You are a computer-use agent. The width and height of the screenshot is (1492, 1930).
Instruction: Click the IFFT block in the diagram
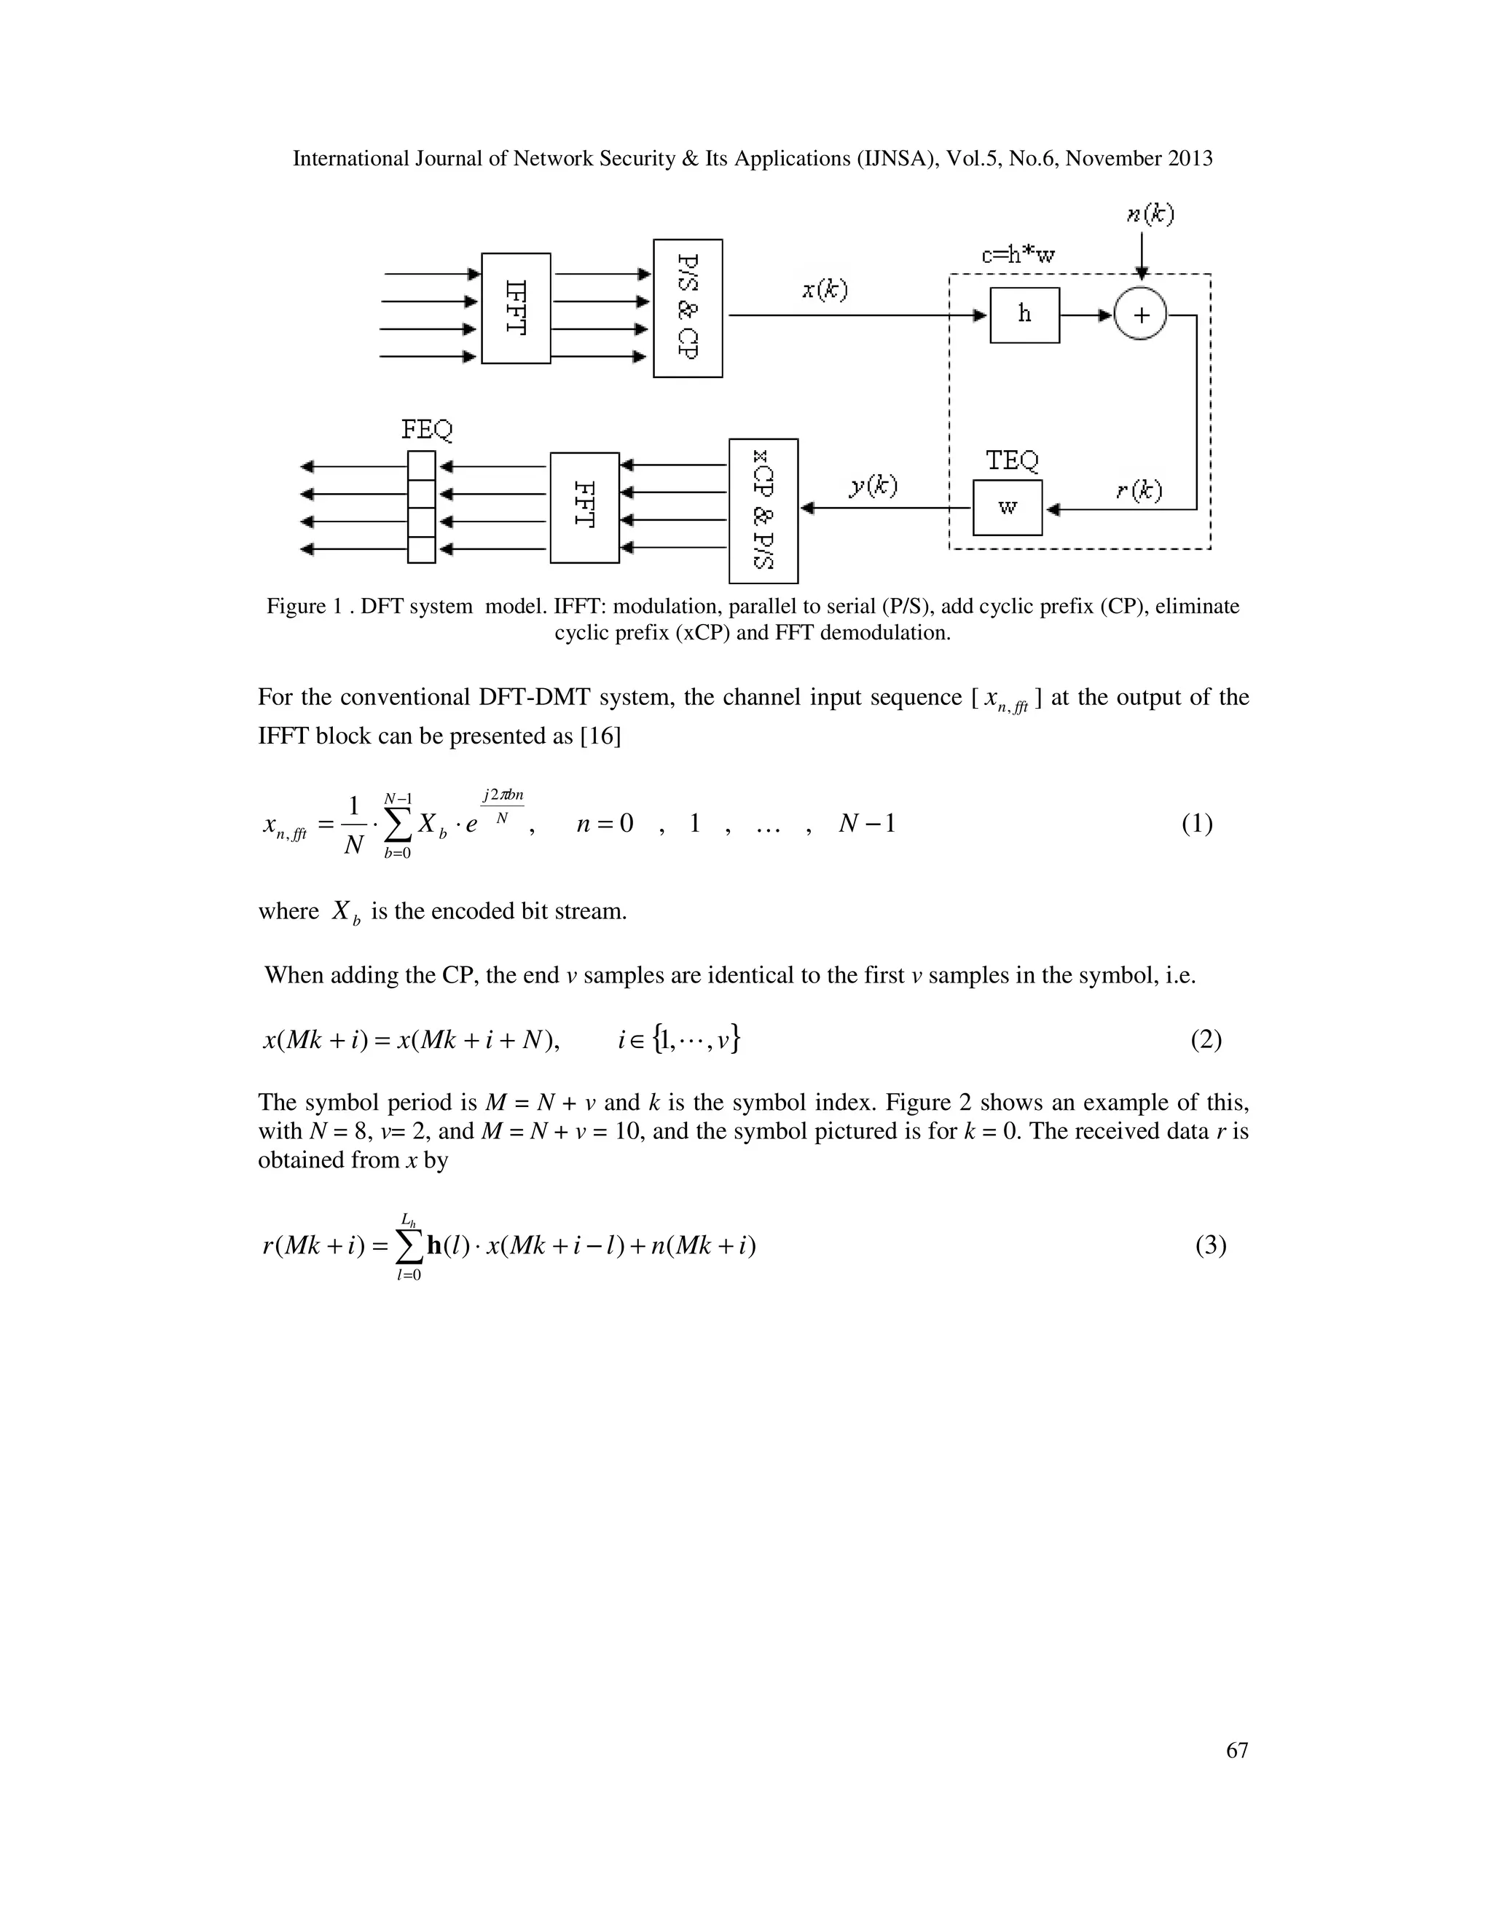(x=517, y=307)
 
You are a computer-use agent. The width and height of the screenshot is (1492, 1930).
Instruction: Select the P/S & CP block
(x=688, y=307)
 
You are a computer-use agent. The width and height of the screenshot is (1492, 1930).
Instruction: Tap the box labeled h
(x=1024, y=315)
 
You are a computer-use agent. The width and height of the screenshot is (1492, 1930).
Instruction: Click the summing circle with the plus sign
(x=1140, y=315)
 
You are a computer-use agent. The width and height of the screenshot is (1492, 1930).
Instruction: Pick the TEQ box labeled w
(x=1008, y=507)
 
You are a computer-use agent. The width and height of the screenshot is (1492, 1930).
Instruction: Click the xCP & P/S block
(x=763, y=511)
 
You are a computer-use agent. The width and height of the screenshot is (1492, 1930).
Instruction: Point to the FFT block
(x=584, y=507)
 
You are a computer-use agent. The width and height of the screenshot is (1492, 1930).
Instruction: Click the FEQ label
(x=427, y=430)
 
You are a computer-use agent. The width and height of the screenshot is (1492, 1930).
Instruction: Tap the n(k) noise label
(x=1150, y=215)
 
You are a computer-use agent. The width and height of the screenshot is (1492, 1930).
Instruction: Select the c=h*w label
(x=1018, y=256)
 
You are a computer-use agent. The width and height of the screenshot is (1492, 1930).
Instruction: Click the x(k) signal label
(x=825, y=290)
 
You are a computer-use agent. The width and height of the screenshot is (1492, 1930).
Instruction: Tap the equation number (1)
(x=1197, y=824)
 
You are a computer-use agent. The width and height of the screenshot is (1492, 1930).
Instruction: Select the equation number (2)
(x=1206, y=1040)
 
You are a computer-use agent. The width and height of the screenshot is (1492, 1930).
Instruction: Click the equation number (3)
(x=1211, y=1246)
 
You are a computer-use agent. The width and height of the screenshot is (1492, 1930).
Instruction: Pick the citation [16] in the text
(x=600, y=736)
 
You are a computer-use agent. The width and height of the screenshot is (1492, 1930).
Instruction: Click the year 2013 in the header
(x=1189, y=159)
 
